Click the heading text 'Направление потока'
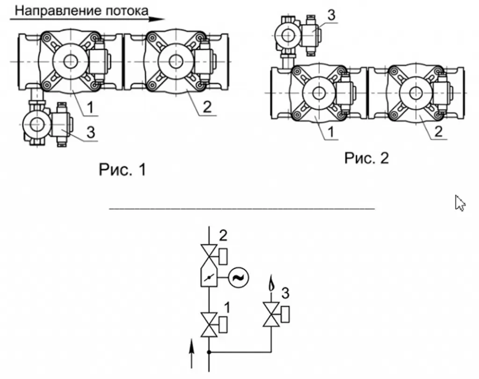point(81,11)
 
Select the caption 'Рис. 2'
point(367,158)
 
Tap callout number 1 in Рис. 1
point(90,107)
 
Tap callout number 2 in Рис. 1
point(207,107)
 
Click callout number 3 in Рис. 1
point(91,132)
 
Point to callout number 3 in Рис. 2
point(331,15)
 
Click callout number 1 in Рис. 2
point(331,132)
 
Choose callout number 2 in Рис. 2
point(438,131)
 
